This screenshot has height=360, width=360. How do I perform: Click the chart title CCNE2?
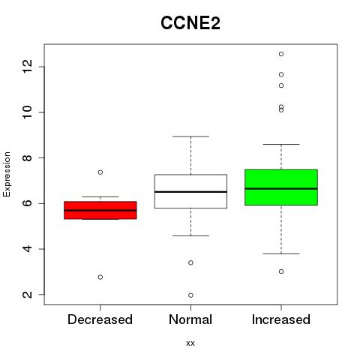point(190,23)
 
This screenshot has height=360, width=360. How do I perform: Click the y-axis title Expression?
point(7,175)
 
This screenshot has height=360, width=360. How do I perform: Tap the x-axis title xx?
point(190,343)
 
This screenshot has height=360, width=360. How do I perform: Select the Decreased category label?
point(100,319)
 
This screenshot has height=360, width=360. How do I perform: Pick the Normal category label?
point(190,319)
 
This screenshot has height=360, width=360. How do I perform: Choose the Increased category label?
point(281,319)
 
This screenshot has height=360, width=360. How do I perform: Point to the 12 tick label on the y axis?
point(28,67)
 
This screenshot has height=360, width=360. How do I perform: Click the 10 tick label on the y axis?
point(28,112)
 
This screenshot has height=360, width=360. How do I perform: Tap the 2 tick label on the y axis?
point(28,295)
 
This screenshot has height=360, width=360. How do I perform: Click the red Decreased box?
point(100,210)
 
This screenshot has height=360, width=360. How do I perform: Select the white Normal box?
point(190,191)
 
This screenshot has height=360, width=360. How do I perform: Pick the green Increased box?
point(281,187)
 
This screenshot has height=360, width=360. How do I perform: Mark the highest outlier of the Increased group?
point(281,54)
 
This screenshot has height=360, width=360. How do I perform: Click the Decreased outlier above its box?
point(100,172)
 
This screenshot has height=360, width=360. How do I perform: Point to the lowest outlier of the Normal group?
point(190,295)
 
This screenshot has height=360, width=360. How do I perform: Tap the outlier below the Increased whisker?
point(281,271)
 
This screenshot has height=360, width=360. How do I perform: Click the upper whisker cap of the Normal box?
point(190,136)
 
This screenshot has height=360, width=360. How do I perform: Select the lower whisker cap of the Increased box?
point(281,253)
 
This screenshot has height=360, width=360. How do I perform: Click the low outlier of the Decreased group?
point(100,277)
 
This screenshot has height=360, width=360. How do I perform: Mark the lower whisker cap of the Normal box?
point(190,235)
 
